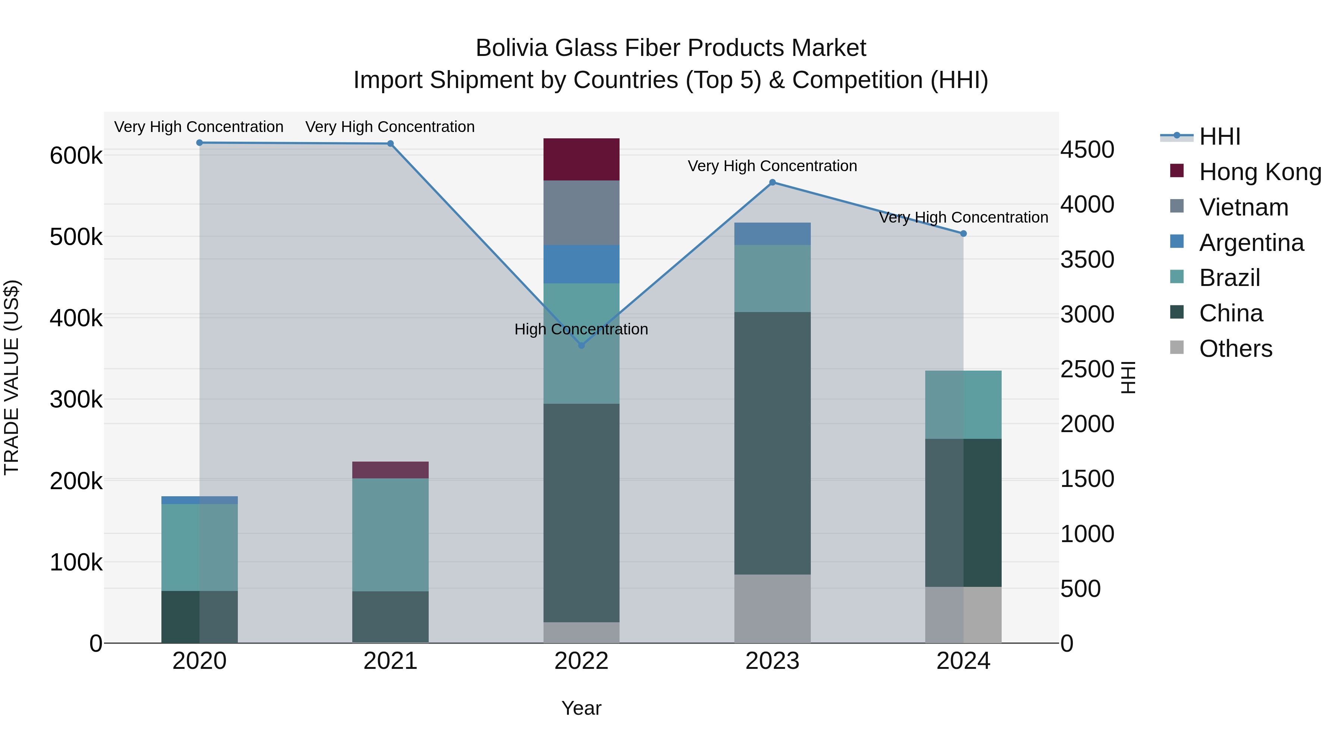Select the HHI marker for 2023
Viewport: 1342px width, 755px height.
point(773,182)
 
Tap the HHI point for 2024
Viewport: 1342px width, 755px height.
point(963,233)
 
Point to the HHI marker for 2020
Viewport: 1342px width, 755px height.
point(199,143)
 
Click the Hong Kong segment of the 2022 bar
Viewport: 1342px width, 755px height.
point(582,160)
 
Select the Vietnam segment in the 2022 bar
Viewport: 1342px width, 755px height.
point(582,213)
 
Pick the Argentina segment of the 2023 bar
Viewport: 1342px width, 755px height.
point(773,233)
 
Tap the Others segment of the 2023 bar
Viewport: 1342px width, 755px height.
point(773,608)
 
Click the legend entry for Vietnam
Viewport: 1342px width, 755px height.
point(1244,207)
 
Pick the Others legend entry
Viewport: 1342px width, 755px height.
point(1235,349)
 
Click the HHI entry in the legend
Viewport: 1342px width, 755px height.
point(1219,136)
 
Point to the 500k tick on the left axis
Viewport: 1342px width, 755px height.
point(76,237)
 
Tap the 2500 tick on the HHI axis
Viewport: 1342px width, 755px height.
point(1087,369)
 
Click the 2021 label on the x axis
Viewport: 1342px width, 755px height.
point(390,661)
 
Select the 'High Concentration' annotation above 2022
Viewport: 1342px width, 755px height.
point(582,329)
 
